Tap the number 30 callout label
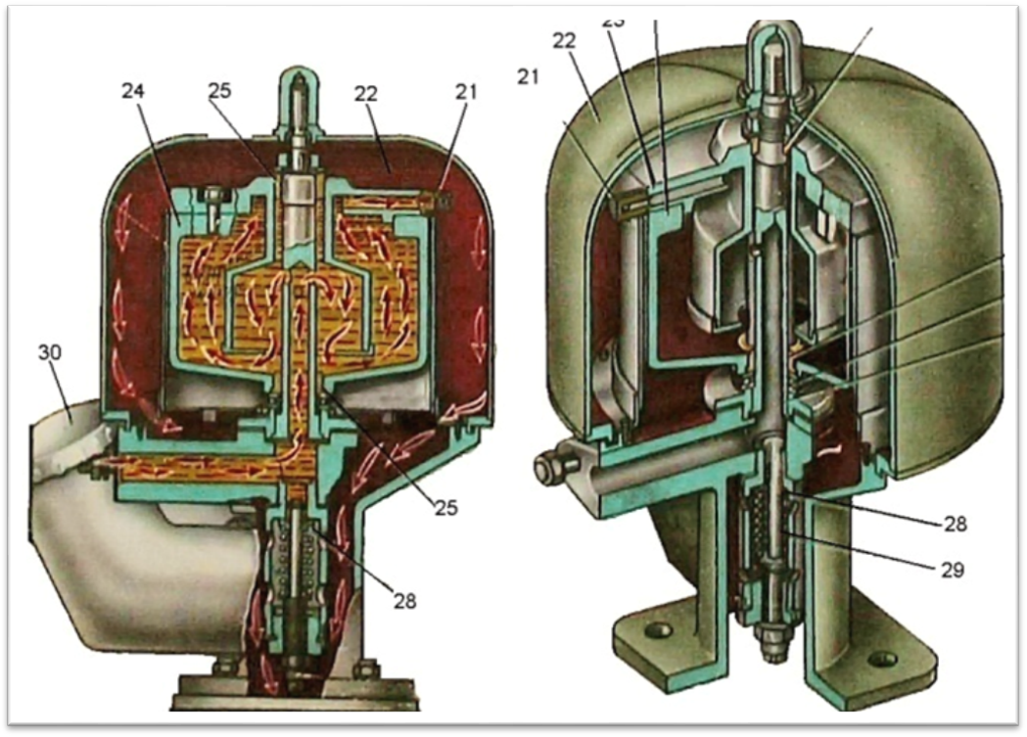coord(50,351)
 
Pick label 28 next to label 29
coord(953,525)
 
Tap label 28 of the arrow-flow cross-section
coord(402,600)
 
